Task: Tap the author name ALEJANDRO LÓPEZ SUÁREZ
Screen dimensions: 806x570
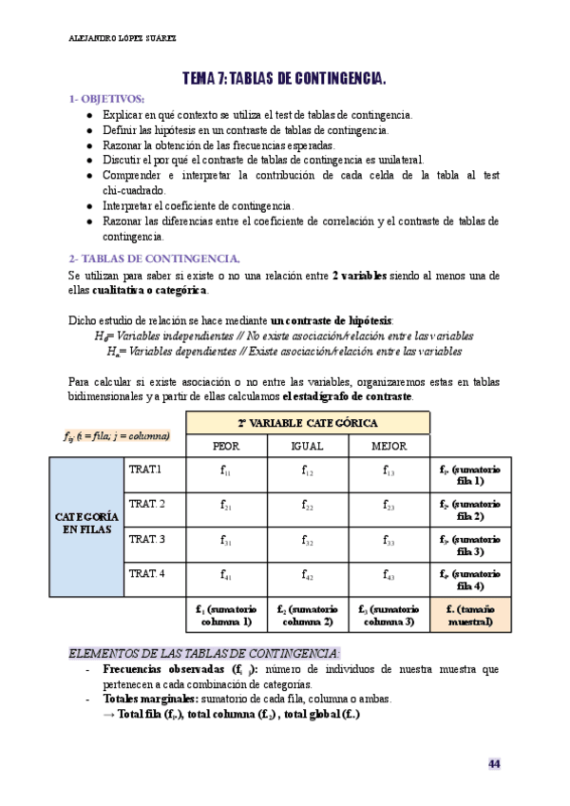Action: point(123,39)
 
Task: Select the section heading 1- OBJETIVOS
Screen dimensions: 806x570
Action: point(106,99)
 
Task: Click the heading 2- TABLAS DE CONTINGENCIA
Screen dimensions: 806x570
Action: point(154,259)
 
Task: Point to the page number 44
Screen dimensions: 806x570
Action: point(494,764)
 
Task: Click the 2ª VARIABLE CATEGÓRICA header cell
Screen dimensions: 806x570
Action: point(307,422)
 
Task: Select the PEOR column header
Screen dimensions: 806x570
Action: point(225,445)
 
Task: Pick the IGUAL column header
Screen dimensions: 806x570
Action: point(307,445)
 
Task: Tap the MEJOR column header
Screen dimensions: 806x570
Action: point(389,445)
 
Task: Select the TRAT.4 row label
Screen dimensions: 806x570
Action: point(146,573)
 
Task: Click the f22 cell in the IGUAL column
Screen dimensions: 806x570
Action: point(307,506)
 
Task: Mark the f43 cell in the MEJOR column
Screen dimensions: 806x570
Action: point(389,575)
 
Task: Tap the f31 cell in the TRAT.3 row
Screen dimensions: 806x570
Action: point(225,541)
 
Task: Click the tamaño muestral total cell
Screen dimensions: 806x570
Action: point(470,615)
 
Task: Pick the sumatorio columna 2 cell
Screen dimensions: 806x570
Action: point(307,615)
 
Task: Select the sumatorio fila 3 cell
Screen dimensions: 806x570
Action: point(470,545)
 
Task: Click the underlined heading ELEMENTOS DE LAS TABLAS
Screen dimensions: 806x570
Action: point(204,653)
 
